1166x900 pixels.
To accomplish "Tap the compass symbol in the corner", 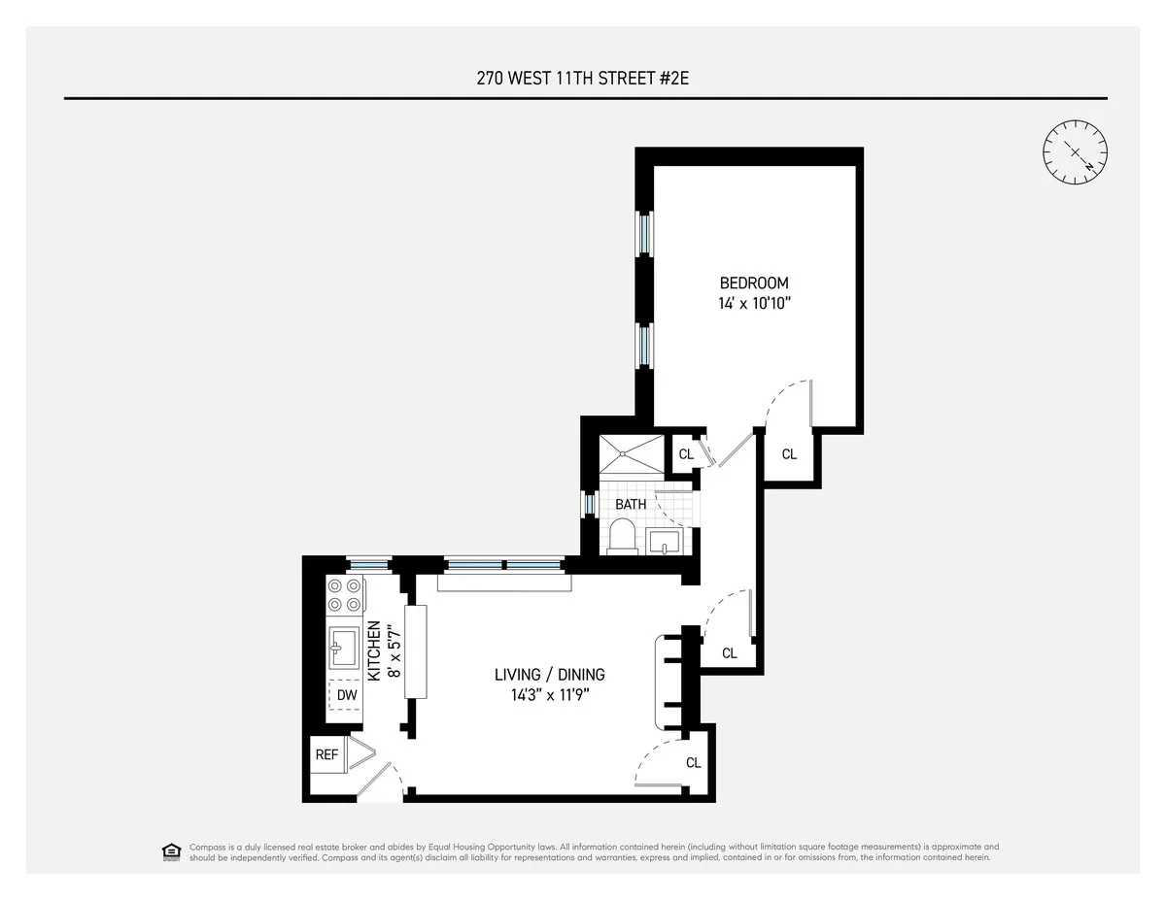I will point(1075,151).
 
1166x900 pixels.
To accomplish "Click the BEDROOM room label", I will point(753,283).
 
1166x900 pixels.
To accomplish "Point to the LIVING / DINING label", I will point(549,675).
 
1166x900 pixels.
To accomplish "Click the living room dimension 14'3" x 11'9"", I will point(549,695).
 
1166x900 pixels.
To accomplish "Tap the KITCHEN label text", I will point(372,650).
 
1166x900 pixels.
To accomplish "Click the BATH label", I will point(630,505).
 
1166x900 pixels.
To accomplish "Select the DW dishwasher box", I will point(346,695).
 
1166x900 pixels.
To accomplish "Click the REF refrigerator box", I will point(326,754).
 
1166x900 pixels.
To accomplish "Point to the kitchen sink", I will point(344,647).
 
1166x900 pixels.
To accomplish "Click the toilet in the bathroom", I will point(621,536).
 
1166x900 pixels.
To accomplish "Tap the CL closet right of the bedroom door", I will point(789,454).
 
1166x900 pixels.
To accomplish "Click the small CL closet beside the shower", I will point(685,453).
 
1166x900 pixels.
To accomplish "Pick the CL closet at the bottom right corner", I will point(693,763).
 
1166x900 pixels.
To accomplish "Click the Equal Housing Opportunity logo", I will point(172,851).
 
